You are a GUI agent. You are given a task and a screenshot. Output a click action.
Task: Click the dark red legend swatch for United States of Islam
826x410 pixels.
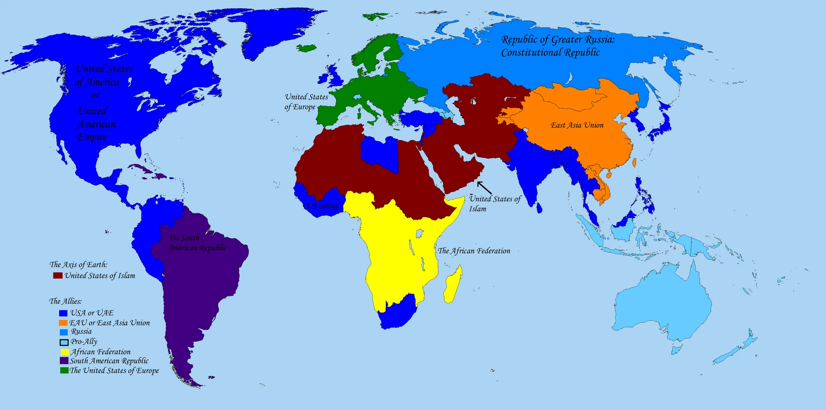point(58,275)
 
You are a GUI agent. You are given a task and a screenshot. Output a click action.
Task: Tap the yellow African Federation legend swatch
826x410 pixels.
point(65,352)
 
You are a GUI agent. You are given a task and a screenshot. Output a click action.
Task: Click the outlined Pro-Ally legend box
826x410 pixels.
point(64,342)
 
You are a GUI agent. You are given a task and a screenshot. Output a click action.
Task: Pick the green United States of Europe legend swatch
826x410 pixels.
point(64,370)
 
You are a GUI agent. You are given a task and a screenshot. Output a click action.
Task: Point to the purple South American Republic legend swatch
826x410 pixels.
point(64,360)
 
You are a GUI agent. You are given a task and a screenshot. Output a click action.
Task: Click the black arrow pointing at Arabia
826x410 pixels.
point(484,187)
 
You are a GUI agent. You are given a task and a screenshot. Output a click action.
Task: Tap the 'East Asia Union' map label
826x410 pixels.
point(577,125)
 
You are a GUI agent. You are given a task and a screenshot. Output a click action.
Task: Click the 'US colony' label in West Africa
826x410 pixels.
point(323,206)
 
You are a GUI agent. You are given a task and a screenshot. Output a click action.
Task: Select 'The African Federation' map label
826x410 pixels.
point(474,251)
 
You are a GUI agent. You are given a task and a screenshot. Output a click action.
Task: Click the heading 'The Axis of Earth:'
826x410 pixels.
point(78,264)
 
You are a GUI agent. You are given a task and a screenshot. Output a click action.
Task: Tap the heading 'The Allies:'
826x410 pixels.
point(65,301)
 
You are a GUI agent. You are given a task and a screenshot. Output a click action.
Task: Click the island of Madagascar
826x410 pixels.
point(453,285)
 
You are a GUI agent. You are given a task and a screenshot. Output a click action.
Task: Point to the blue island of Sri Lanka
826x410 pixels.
point(539,207)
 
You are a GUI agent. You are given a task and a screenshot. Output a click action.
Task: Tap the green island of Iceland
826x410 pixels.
point(306,48)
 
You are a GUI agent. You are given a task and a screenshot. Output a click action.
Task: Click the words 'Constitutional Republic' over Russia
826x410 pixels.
point(550,52)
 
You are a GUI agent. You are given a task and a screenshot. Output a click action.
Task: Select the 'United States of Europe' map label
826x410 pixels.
point(306,102)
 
